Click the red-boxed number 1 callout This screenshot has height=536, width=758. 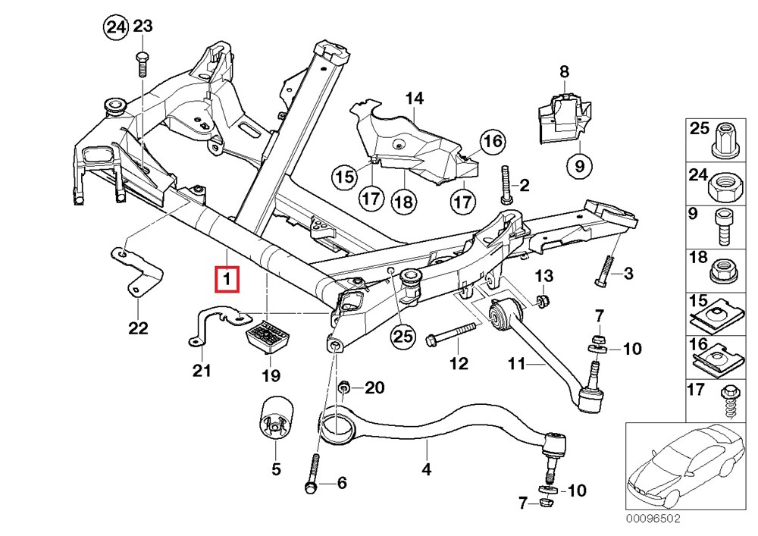click(227, 279)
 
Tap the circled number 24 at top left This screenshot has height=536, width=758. click(115, 28)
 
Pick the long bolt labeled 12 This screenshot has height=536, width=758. click(452, 334)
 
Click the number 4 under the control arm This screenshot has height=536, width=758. click(427, 470)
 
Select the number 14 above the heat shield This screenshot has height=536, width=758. click(413, 98)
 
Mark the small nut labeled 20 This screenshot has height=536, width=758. click(344, 389)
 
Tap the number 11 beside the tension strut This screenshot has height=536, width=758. click(516, 365)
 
